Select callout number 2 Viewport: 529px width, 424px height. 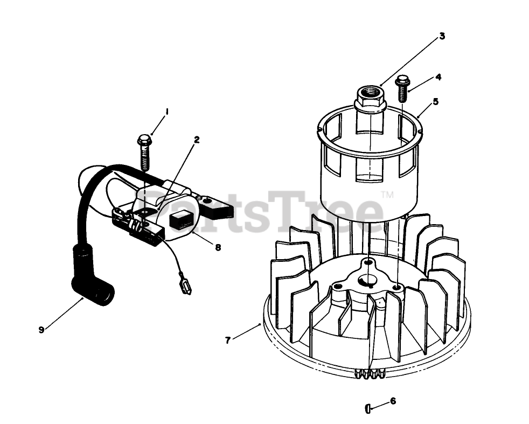pos(197,139)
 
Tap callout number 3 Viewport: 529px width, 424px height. pos(442,36)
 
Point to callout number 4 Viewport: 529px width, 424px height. pos(438,77)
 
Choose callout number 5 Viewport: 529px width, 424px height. pos(435,101)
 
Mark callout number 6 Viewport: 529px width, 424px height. pos(393,401)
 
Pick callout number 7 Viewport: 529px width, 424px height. pos(228,340)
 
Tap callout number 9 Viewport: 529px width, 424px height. pos(41,330)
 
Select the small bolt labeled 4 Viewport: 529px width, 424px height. pos(402,89)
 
